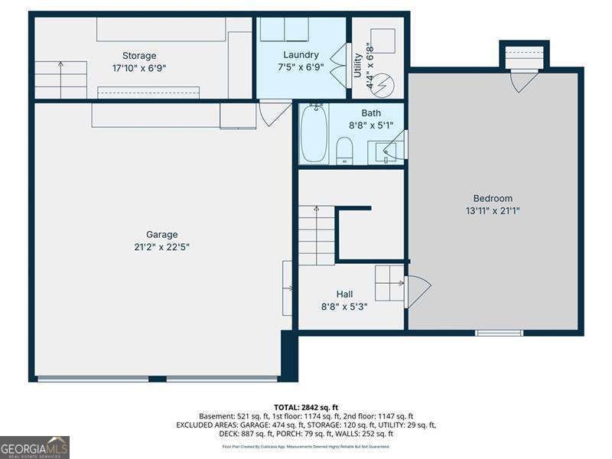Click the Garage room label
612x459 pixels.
pyautogui.click(x=161, y=235)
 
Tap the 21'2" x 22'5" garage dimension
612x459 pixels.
pyautogui.click(x=161, y=247)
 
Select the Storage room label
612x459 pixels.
pyautogui.click(x=139, y=55)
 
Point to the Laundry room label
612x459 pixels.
pyautogui.click(x=301, y=55)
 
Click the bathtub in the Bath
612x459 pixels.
pyautogui.click(x=314, y=135)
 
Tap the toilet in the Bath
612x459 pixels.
pyautogui.click(x=344, y=150)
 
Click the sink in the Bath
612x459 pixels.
pyautogui.click(x=386, y=152)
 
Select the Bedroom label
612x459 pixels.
pyautogui.click(x=493, y=198)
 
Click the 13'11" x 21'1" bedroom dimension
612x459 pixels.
pyautogui.click(x=493, y=210)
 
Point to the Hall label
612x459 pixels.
pyautogui.click(x=344, y=294)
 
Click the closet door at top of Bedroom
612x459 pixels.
pyautogui.click(x=523, y=80)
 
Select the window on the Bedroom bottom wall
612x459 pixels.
pyautogui.click(x=499, y=333)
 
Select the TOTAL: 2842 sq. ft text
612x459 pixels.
pyautogui.click(x=306, y=407)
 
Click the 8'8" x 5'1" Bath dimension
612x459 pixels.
pyautogui.click(x=371, y=125)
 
